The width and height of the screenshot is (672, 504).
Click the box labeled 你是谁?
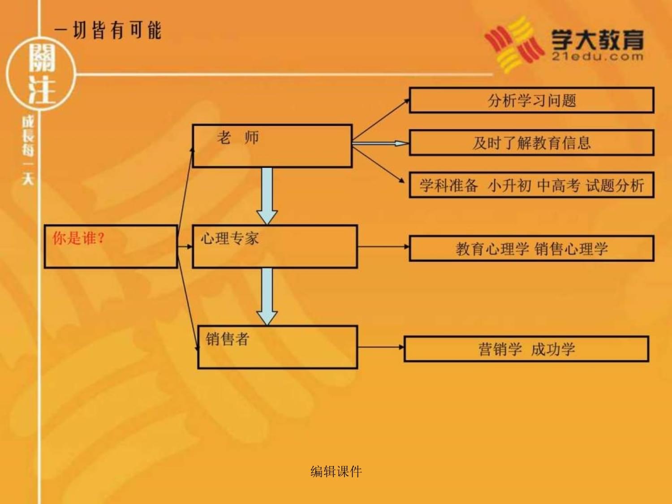pos(111,246)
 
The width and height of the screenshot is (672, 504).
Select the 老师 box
pos(272,146)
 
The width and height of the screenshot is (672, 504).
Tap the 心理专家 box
pos(275,246)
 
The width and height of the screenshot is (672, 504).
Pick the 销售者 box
pos(277,347)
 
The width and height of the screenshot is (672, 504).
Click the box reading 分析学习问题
pos(531,100)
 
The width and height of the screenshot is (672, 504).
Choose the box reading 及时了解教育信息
pos(531,143)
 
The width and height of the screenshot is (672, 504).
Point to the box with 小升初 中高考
pos(531,185)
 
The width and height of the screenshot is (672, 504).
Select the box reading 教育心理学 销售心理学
pos(531,249)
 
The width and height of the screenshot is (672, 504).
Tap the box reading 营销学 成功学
pos(526,349)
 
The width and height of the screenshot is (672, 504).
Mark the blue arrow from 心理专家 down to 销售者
pos(267,296)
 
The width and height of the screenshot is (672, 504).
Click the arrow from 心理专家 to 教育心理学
pos(383,246)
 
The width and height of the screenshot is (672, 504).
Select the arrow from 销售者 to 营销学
pos(381,347)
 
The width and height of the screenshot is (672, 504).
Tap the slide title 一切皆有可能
pos(108,30)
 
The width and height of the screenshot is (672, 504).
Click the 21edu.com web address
pos(597,56)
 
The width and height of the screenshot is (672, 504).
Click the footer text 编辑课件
pos(336,471)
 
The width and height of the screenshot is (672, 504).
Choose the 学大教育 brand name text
pos(597,39)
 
